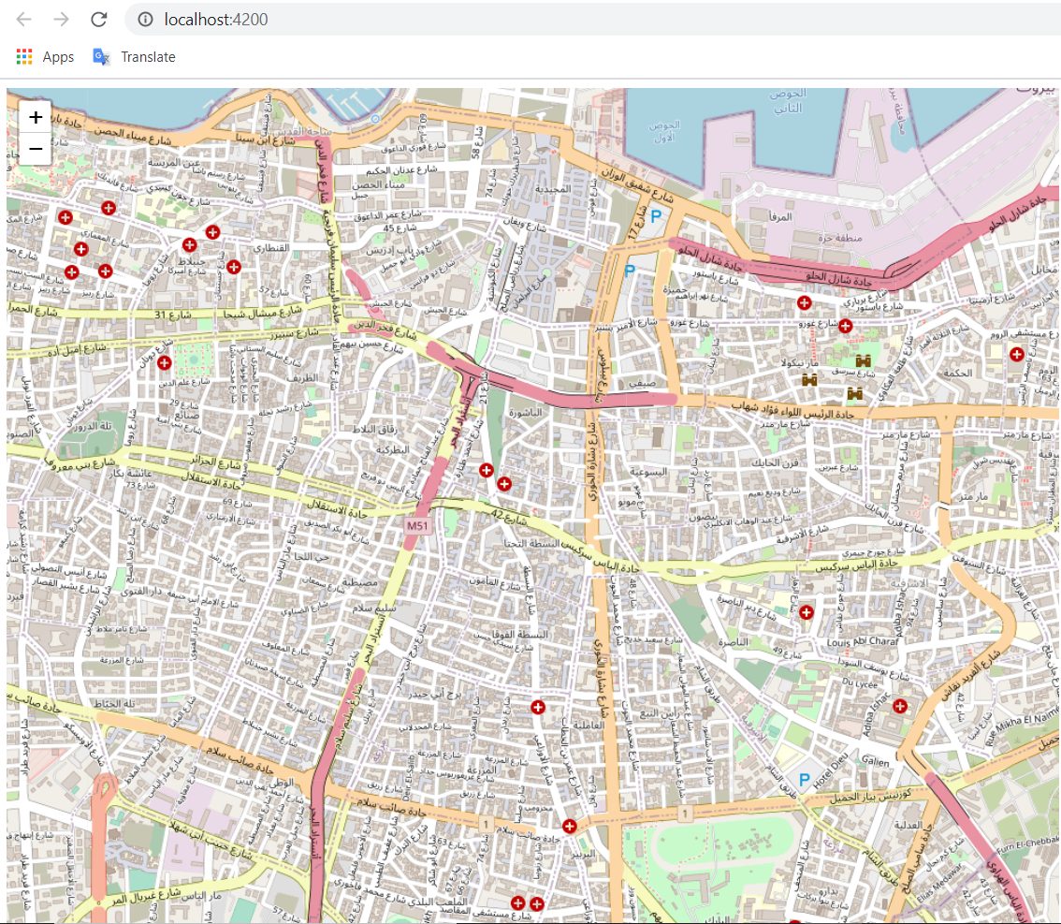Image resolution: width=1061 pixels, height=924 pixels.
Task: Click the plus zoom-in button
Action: (x=35, y=117)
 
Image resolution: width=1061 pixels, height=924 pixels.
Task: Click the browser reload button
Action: (x=98, y=20)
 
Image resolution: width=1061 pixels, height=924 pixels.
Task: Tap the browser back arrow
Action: (x=24, y=20)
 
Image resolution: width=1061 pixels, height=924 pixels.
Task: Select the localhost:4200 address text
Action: (x=215, y=20)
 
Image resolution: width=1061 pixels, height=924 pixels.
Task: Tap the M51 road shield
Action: (x=417, y=527)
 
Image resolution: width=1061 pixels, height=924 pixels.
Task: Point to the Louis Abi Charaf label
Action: (x=864, y=644)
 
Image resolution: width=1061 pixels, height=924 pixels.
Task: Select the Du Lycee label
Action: (x=863, y=684)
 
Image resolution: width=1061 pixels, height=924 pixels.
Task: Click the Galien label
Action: (x=876, y=762)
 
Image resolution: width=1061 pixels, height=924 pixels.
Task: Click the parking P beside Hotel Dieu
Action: (x=804, y=779)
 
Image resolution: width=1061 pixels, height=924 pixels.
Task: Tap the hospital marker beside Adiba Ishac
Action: (x=899, y=706)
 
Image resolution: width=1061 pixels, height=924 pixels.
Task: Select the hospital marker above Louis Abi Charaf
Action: (x=807, y=612)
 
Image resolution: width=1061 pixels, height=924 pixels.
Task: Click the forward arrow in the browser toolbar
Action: (x=61, y=20)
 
